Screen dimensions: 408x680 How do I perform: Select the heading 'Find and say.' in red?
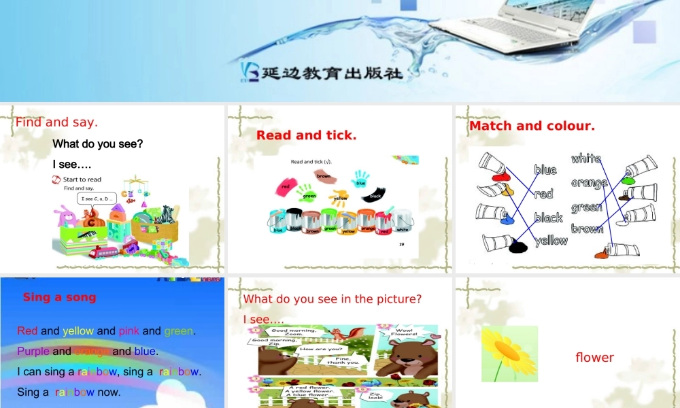pyautogui.click(x=56, y=122)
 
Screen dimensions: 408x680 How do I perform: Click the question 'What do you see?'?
pyautogui.click(x=98, y=144)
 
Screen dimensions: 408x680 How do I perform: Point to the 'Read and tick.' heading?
pyautogui.click(x=306, y=135)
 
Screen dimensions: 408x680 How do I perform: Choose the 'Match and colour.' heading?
pyautogui.click(x=532, y=126)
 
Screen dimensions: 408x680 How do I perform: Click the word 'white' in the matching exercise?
pyautogui.click(x=585, y=158)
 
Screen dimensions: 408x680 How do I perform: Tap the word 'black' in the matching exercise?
pyautogui.click(x=548, y=218)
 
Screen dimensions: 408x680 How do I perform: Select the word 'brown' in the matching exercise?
pyautogui.click(x=587, y=228)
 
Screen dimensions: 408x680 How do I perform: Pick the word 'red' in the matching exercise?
pyautogui.click(x=543, y=194)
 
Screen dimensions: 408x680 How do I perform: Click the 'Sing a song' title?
pyautogui.click(x=59, y=297)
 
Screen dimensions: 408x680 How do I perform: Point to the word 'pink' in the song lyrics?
pyautogui.click(x=129, y=331)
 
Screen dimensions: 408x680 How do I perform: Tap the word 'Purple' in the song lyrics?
pyautogui.click(x=33, y=352)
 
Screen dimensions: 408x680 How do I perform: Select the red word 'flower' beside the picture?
pyautogui.click(x=594, y=358)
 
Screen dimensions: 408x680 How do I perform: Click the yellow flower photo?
pyautogui.click(x=509, y=354)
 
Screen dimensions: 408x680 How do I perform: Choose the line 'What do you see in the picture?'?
pyautogui.click(x=333, y=299)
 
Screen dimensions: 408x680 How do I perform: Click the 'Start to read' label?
pyautogui.click(x=82, y=180)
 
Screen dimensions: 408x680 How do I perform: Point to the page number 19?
pyautogui.click(x=402, y=244)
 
